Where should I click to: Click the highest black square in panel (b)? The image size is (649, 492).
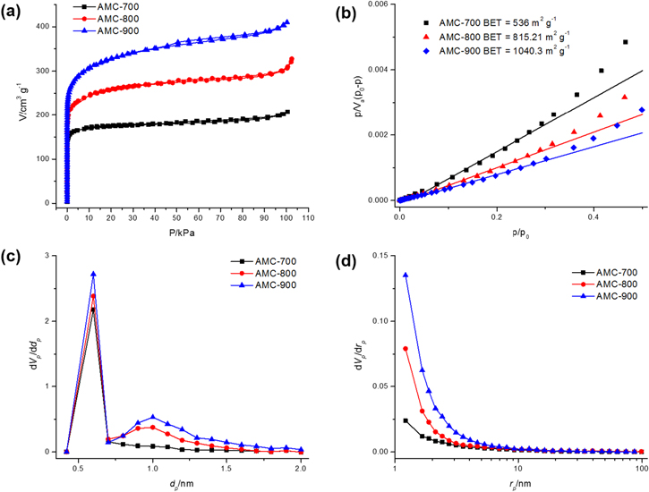click(x=625, y=42)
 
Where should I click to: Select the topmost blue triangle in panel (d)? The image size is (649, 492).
click(x=406, y=276)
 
